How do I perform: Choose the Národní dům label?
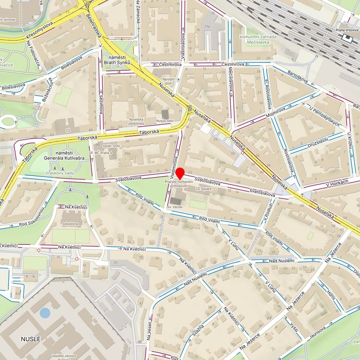coord(168,82)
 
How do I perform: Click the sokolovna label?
coord(70,224)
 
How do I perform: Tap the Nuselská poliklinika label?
coord(140,122)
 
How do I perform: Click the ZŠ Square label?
coord(204,189)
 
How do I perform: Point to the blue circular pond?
coord(45,313)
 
